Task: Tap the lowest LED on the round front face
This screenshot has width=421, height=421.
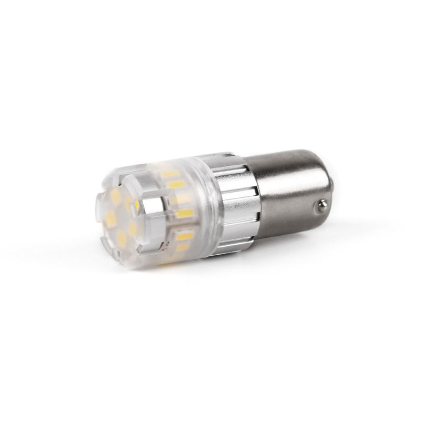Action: (x=122, y=240)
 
